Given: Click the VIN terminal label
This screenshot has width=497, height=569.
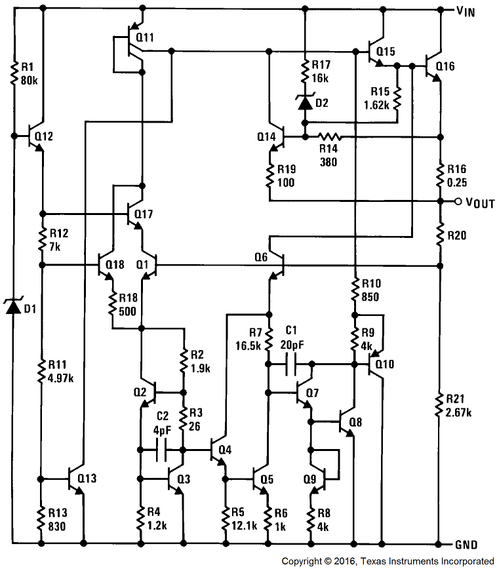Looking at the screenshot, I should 469,10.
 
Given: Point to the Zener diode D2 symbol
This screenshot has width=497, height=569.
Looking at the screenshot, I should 305,102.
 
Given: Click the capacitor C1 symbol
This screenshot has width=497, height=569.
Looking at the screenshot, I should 292,362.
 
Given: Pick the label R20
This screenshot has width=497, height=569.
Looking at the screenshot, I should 457,235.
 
